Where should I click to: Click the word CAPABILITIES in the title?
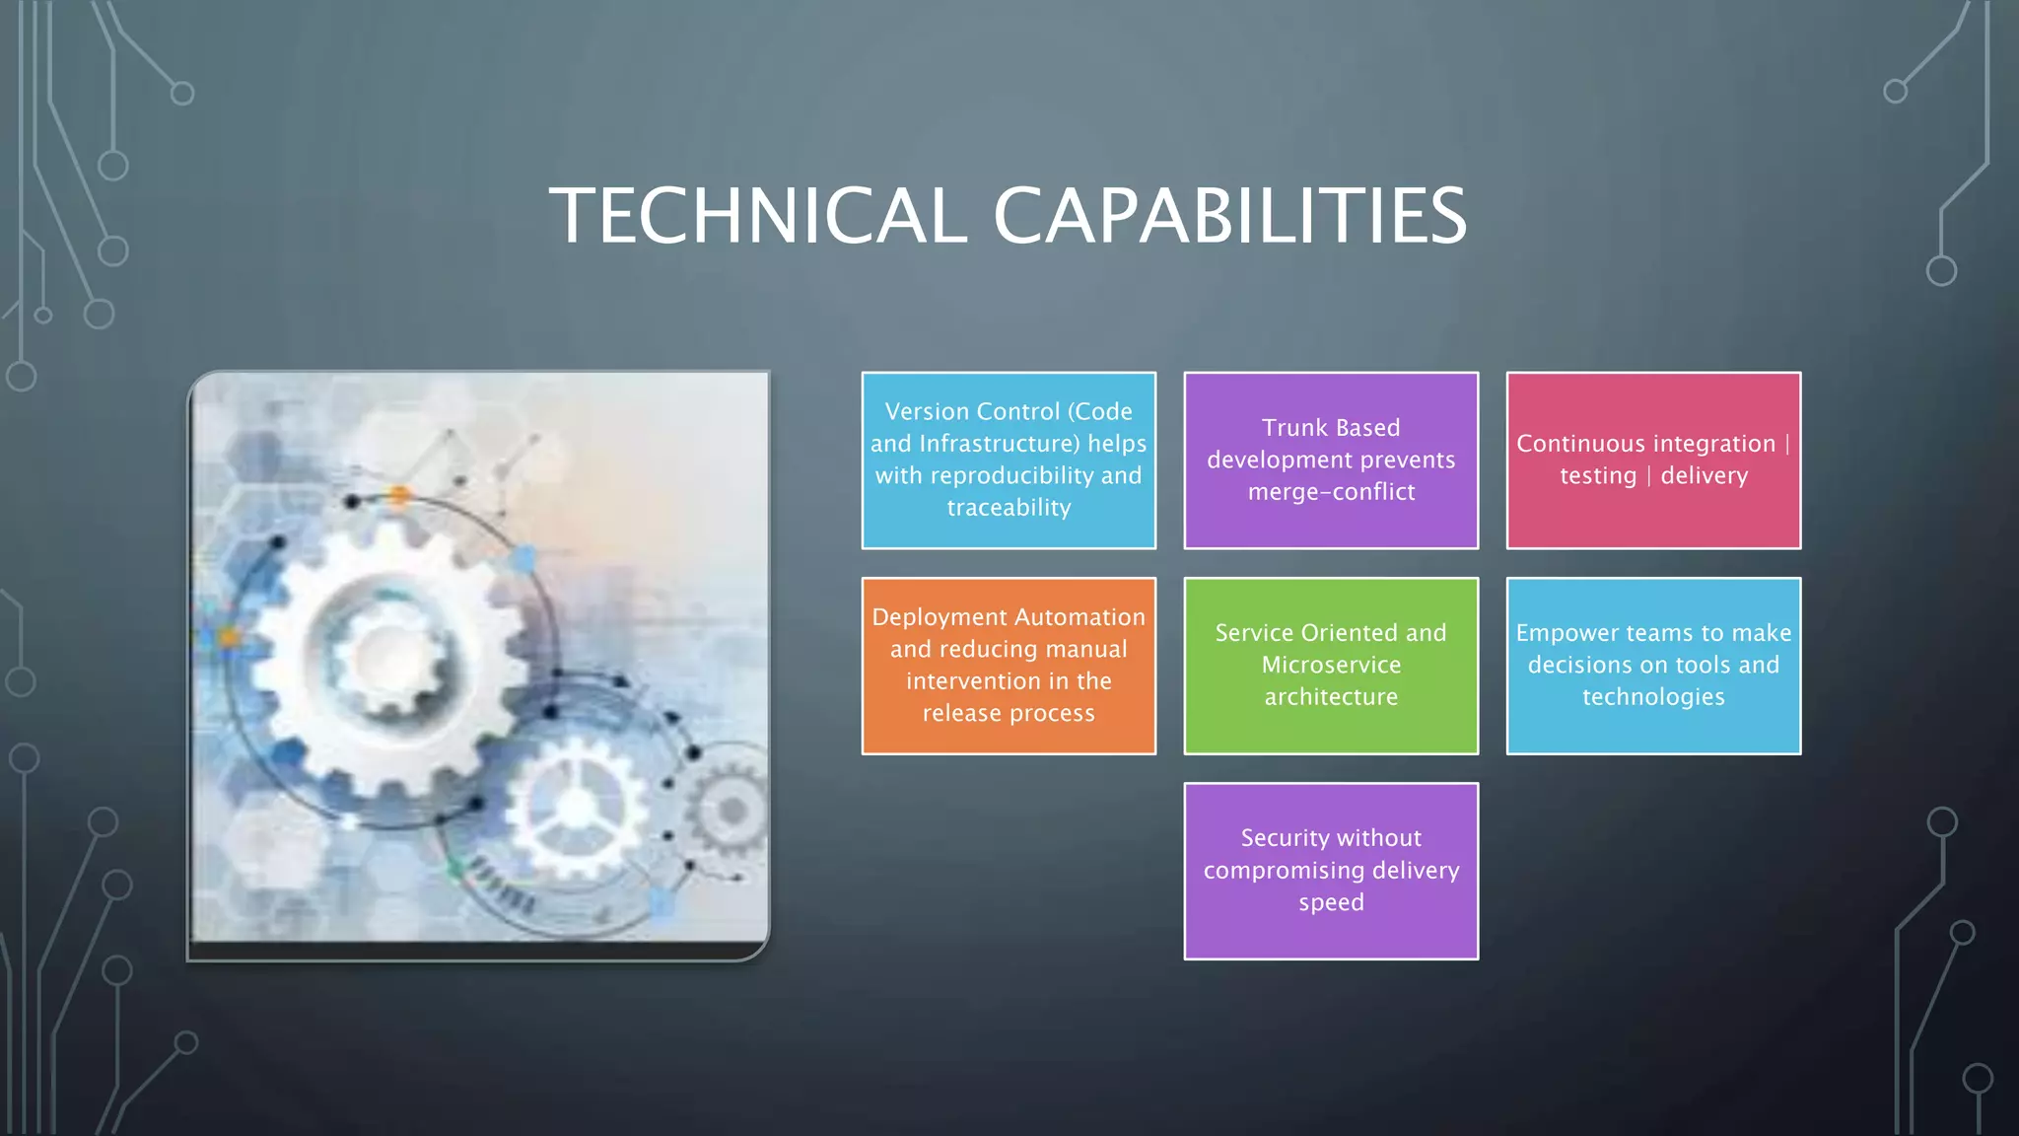click(1229, 216)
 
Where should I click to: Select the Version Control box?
click(1009, 460)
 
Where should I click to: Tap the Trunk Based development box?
click(1331, 460)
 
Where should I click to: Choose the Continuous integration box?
click(1653, 460)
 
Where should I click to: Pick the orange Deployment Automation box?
click(1009, 666)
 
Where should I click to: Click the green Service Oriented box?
click(1331, 666)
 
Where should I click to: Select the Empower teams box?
click(1653, 666)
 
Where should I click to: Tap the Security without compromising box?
click(1331, 871)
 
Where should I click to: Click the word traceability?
click(1009, 508)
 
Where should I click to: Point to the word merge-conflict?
click(1331, 492)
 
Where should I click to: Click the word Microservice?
click(1331, 666)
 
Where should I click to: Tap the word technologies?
click(1653, 697)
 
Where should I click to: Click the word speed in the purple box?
click(1331, 902)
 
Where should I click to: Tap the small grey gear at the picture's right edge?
click(731, 811)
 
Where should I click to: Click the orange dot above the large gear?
click(398, 495)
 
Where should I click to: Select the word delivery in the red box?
click(1704, 476)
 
